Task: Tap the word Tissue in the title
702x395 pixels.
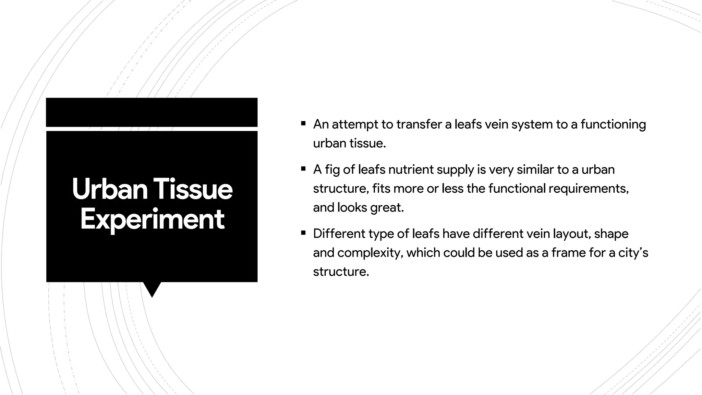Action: tap(193, 189)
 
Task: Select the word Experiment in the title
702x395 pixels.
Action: tap(152, 219)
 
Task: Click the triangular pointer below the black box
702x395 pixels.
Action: tap(152, 289)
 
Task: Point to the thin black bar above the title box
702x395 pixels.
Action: tap(152, 112)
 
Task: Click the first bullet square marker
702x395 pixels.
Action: tap(303, 123)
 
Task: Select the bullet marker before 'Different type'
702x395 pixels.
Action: tap(303, 233)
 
